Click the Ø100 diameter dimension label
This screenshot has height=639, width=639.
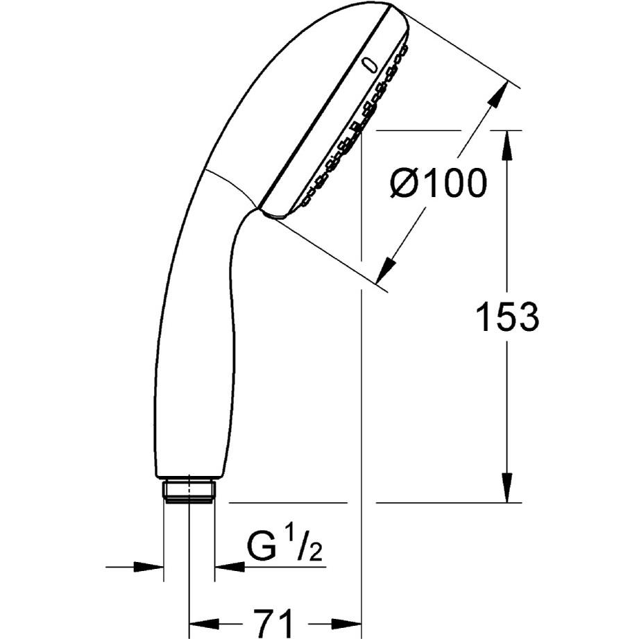point(438,183)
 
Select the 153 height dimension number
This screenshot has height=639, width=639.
point(507,316)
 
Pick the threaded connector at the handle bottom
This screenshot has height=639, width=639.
point(189,491)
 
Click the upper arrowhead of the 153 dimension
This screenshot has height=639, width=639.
point(507,146)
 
